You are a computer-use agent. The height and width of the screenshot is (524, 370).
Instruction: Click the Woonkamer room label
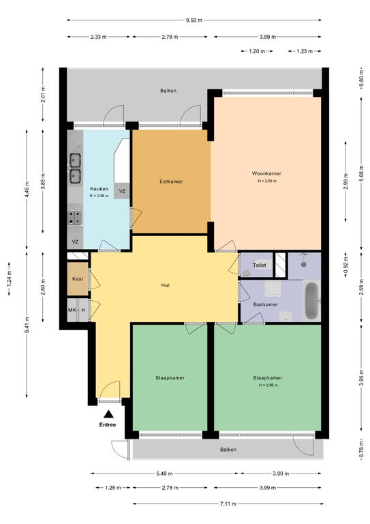pos(266,173)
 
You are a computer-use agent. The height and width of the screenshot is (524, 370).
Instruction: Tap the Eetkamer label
pos(171,181)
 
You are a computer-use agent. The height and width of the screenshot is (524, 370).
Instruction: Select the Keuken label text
pos(99,189)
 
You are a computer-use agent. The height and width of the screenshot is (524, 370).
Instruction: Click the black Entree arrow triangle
pos(108,414)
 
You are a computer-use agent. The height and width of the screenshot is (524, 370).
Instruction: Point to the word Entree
pos(108,425)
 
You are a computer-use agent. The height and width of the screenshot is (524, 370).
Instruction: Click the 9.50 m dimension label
pos(194,20)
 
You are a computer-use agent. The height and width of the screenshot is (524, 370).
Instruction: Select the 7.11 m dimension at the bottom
pos(228,504)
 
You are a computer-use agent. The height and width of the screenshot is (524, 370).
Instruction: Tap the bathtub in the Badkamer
pos(312,300)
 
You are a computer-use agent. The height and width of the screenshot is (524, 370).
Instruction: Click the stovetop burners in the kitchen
pos(75,218)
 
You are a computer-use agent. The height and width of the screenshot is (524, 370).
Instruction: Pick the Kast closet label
pos(78,278)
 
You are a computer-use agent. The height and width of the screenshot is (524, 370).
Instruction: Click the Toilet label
pos(259,265)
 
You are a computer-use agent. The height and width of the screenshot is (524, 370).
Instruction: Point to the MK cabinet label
pos(72,310)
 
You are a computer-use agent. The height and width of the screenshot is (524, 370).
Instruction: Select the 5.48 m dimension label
pos(165,474)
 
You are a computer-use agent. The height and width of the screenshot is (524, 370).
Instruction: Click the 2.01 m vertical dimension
pos(43,94)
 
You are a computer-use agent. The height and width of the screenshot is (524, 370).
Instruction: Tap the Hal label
pos(165,285)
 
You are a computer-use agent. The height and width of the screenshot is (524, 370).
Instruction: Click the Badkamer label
pos(266,304)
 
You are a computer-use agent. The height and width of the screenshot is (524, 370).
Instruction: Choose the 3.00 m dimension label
pos(281,474)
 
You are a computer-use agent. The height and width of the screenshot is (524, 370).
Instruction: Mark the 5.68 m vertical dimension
pos(361,174)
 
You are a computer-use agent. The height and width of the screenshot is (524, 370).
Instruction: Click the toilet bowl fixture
pos(247,273)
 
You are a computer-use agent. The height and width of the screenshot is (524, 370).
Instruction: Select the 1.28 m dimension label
pos(112,488)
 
